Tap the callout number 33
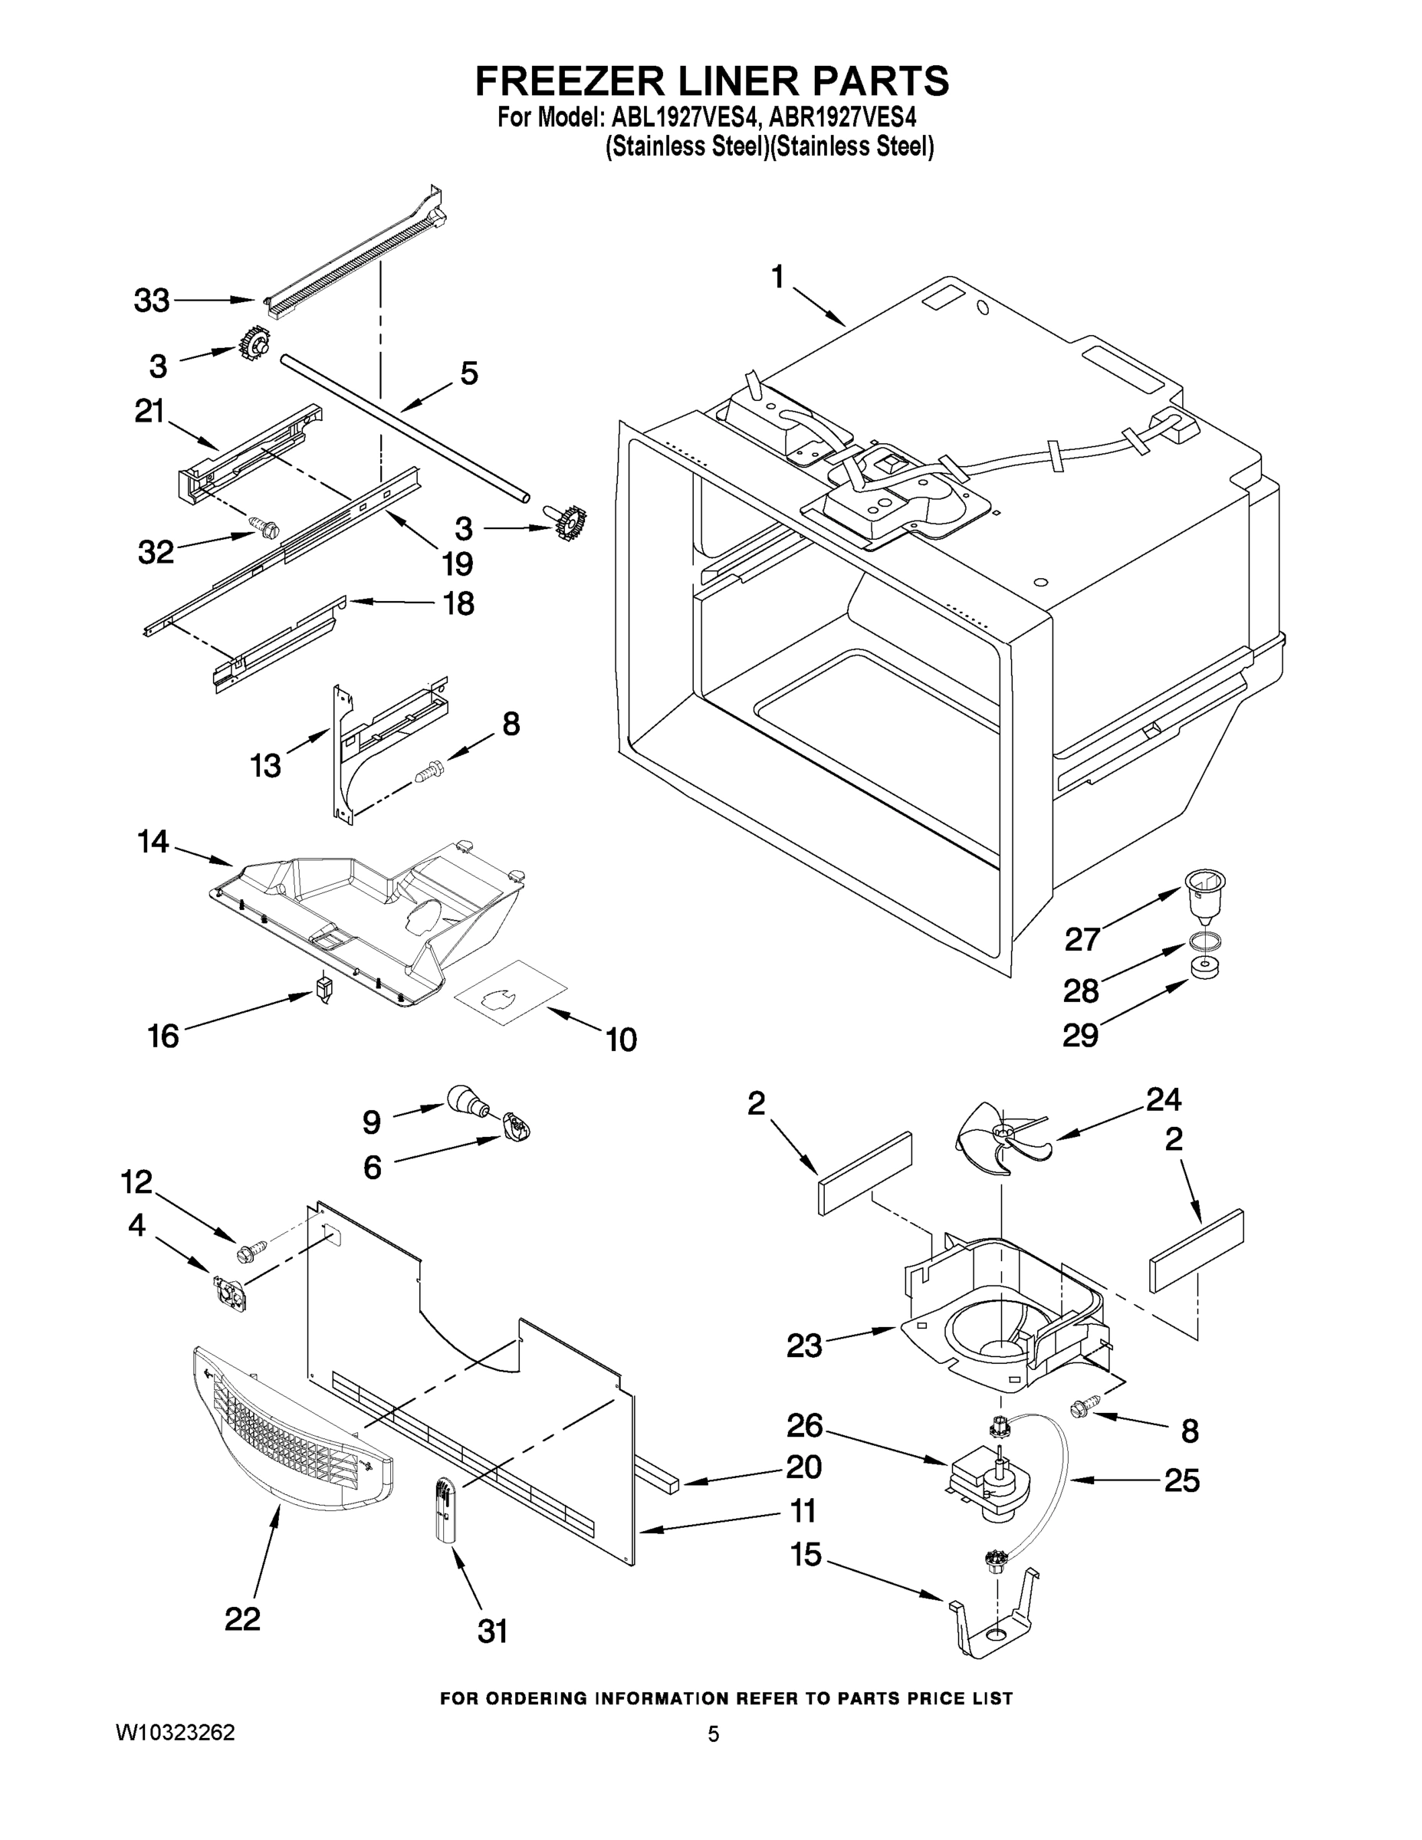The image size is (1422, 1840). coord(152,301)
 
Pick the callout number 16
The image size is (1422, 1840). coord(163,1036)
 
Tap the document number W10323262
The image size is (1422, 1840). coord(174,1732)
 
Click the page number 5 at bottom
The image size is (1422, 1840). coord(713,1734)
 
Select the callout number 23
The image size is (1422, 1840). coord(803,1345)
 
